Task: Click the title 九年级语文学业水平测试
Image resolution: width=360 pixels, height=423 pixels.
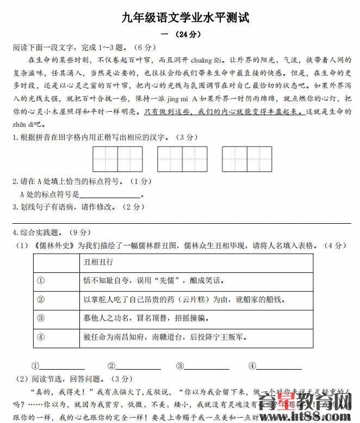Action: pyautogui.click(x=185, y=18)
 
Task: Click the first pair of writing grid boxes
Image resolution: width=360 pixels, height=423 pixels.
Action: pyautogui.click(x=118, y=159)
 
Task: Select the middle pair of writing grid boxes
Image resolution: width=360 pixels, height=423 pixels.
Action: pyautogui.click(x=182, y=159)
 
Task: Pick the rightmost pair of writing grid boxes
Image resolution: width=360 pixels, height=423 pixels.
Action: pyautogui.click(x=247, y=159)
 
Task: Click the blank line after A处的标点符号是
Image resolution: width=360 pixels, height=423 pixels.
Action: pyautogui.click(x=110, y=195)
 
